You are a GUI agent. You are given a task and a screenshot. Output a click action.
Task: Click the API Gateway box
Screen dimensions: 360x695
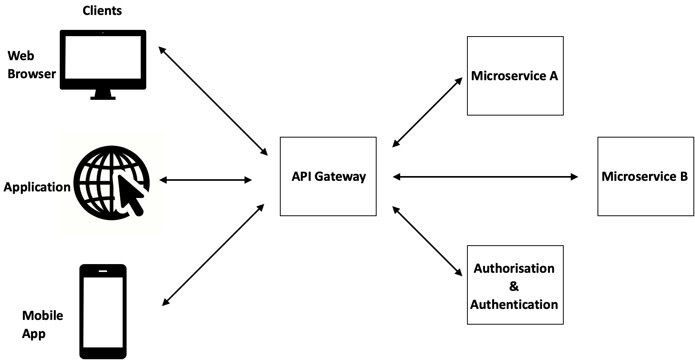(328, 176)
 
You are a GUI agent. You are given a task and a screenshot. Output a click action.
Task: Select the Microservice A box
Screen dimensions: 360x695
(515, 76)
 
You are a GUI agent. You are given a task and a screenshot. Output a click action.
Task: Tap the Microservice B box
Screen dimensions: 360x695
(645, 176)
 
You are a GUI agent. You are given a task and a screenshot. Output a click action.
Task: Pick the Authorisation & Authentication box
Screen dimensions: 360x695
(515, 285)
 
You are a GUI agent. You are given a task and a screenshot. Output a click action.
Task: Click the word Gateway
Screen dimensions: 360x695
(340, 176)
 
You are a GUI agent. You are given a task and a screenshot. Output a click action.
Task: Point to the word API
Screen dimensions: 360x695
(301, 176)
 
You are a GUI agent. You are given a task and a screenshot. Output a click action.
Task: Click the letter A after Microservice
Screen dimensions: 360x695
(553, 76)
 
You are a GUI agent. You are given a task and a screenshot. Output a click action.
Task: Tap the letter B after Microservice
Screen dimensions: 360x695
(683, 176)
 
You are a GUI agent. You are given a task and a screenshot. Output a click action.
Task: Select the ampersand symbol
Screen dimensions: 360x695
(514, 287)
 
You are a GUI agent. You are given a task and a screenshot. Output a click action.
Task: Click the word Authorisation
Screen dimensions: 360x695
(514, 268)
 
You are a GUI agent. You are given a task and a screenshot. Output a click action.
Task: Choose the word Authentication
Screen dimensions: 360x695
(514, 305)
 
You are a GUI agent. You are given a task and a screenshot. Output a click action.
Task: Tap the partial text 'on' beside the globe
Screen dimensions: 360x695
(65, 187)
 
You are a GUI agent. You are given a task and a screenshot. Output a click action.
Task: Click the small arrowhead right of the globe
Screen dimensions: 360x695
(161, 180)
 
